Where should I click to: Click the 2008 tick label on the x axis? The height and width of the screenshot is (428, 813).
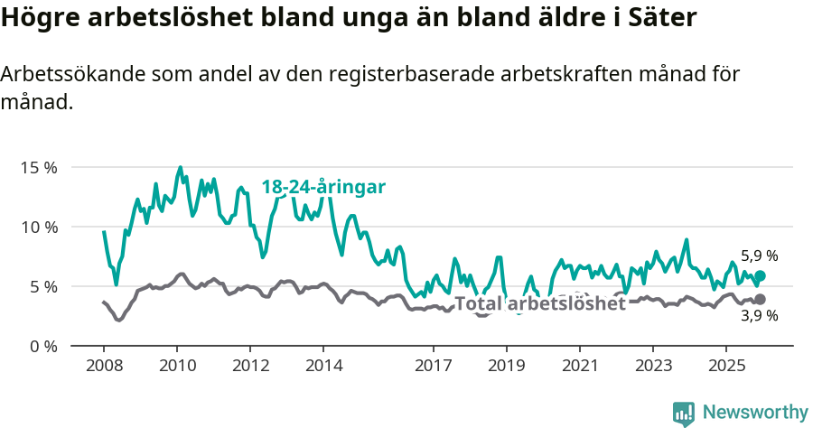(x=103, y=366)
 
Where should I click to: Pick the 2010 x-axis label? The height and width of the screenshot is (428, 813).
(x=176, y=366)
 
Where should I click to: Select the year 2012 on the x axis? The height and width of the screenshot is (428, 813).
(x=250, y=366)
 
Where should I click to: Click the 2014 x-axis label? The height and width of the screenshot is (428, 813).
(x=323, y=366)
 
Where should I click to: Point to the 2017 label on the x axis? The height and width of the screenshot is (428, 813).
(x=433, y=366)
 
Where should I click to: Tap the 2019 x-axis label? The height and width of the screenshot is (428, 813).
(x=506, y=366)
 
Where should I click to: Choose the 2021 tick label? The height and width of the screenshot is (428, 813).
(x=579, y=366)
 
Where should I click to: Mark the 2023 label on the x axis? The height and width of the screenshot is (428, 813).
(x=652, y=366)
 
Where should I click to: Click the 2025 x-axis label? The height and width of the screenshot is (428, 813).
(x=725, y=366)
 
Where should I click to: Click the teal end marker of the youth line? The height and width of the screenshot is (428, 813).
(x=760, y=275)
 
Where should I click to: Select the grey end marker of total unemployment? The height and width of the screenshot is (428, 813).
(x=760, y=299)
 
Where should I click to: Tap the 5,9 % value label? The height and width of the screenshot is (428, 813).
(x=759, y=256)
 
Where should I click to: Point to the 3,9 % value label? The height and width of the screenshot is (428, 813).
(x=759, y=316)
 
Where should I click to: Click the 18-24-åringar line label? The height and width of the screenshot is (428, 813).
(x=323, y=187)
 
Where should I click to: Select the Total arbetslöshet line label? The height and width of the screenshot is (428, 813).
(x=539, y=303)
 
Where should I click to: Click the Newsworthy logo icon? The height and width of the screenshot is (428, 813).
(x=684, y=413)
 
